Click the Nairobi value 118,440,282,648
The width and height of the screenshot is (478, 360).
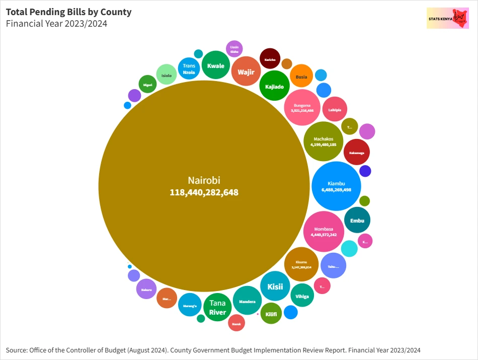[204, 192]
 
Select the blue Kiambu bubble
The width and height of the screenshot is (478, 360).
[336, 186]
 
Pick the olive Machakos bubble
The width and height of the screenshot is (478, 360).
[323, 141]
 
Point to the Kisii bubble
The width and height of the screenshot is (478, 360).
[275, 286]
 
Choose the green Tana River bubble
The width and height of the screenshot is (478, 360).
[217, 307]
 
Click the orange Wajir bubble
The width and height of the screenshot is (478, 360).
[246, 71]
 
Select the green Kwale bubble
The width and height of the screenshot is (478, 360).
[215, 65]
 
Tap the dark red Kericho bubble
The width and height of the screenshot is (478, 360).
[270, 59]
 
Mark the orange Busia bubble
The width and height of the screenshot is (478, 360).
[301, 77]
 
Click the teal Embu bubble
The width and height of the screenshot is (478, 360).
[357, 220]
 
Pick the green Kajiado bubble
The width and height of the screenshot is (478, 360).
[274, 86]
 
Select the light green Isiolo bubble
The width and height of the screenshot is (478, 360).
[166, 76]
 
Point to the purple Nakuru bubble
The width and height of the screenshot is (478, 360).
[146, 289]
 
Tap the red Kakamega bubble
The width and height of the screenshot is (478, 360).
[357, 153]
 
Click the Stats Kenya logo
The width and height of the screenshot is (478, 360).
[447, 18]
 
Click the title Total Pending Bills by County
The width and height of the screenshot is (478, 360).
[68, 12]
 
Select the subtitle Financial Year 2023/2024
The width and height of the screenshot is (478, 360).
[56, 23]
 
